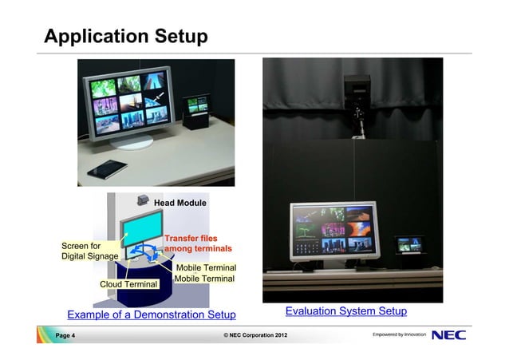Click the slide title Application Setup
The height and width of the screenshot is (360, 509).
point(126,37)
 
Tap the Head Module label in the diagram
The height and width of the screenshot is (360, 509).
point(180,204)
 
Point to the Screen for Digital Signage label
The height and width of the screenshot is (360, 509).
point(90,251)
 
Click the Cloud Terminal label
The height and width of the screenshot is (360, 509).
point(128,284)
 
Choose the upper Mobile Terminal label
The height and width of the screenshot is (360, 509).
point(206,267)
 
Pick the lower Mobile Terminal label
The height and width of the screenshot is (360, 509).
point(204,279)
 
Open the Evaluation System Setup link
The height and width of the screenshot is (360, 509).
point(346,311)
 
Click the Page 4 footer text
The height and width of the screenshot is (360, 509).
point(65,335)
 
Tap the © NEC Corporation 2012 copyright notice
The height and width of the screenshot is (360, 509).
point(254,335)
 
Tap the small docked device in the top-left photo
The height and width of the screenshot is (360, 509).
point(194,110)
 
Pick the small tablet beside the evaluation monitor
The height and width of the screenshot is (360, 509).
point(412,243)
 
